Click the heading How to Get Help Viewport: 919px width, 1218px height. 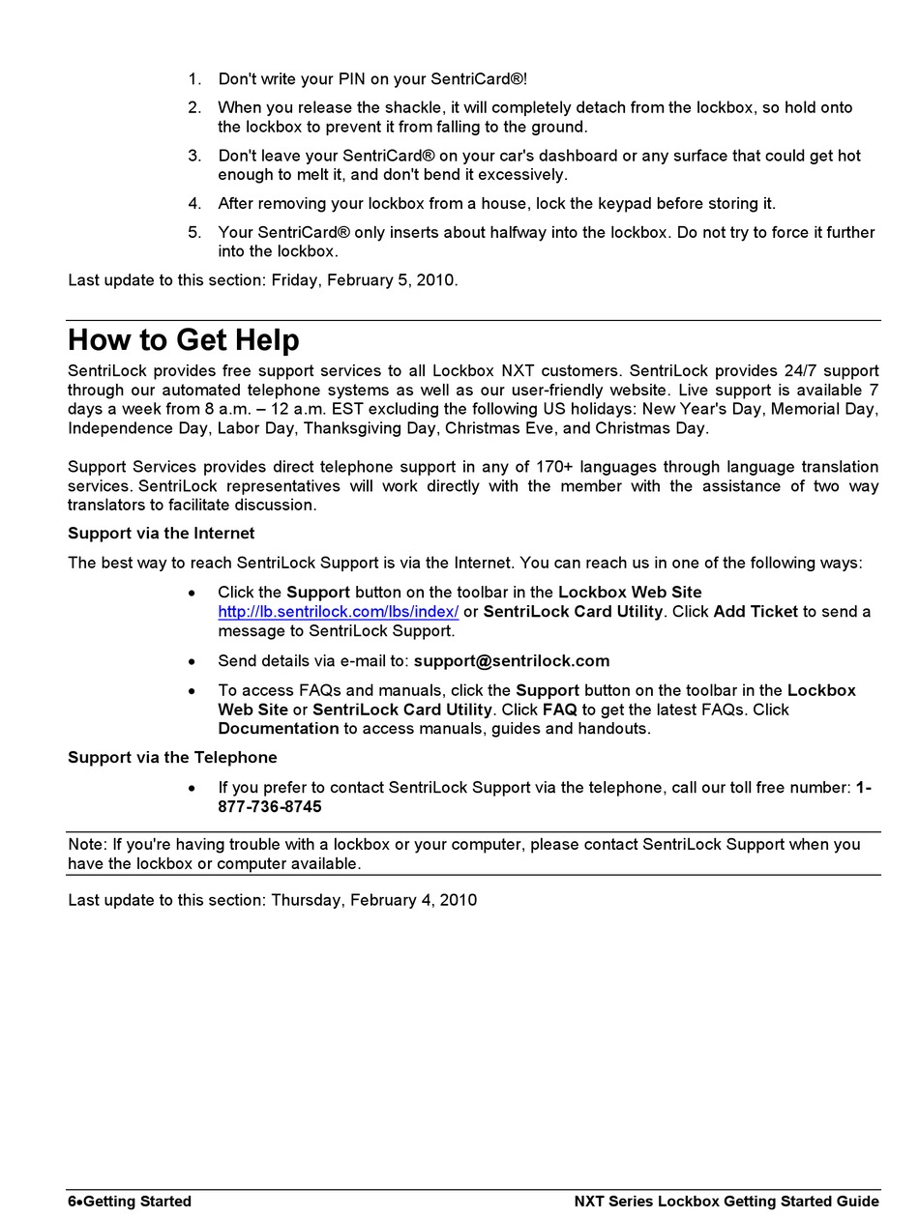coord(184,340)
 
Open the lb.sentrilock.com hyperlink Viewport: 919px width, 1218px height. coord(338,612)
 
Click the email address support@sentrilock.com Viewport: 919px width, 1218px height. coord(512,661)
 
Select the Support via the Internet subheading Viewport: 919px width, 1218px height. coord(162,534)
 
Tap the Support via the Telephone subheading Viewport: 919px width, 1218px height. coord(172,758)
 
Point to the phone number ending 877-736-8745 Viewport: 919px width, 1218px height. coord(270,807)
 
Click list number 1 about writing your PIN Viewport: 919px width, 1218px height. coord(194,79)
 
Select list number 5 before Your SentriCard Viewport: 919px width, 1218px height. coord(194,233)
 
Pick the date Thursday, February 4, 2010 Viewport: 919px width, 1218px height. coord(373,901)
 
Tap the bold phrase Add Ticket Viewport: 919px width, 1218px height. coord(756,612)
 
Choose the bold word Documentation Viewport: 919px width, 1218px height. coord(279,729)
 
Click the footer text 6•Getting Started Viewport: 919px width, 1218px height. coord(130,1202)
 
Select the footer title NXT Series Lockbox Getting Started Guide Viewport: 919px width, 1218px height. coord(726,1202)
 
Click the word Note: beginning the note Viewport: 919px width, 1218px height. coord(88,845)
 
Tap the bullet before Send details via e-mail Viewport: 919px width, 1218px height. coord(193,662)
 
